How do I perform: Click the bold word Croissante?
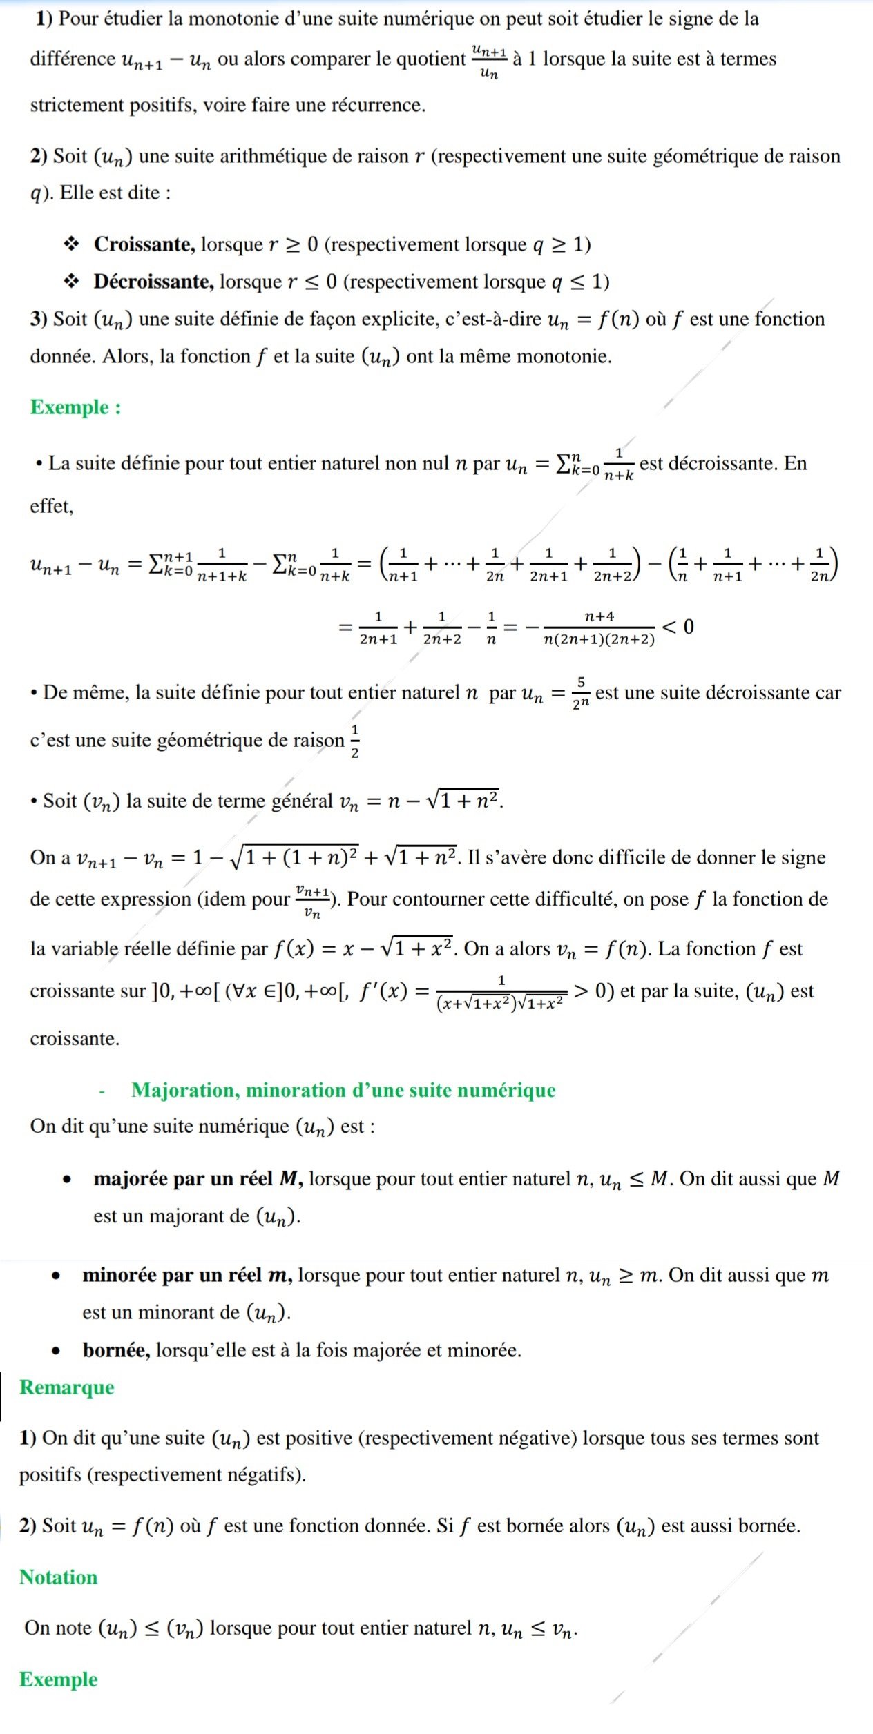point(144,244)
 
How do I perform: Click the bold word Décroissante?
point(153,282)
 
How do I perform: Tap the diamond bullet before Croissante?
point(70,244)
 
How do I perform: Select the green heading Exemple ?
point(75,407)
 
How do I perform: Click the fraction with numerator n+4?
point(599,627)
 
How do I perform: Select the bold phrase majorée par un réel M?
point(198,1178)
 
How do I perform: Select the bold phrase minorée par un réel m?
point(187,1275)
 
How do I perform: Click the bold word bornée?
point(116,1350)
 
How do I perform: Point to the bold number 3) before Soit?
point(39,319)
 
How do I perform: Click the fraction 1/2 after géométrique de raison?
point(355,741)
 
